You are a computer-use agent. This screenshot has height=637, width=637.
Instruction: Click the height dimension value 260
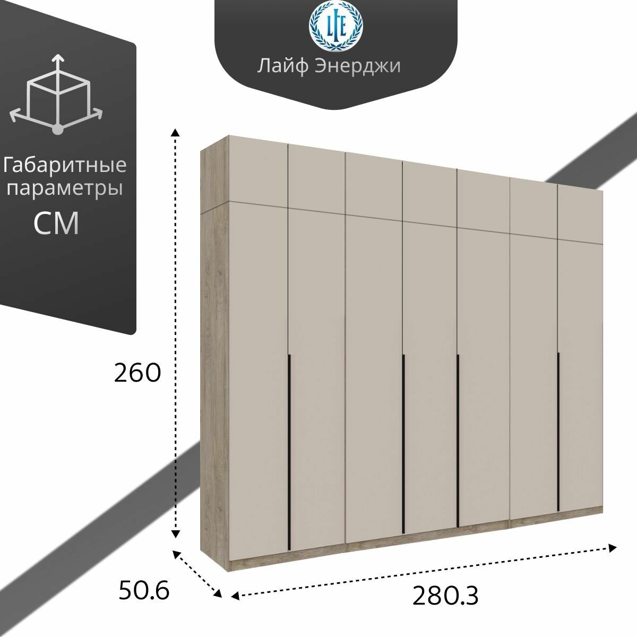(137, 374)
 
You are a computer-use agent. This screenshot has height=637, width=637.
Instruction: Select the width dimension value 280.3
(445, 596)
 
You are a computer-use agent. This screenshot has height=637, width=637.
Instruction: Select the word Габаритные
(66, 166)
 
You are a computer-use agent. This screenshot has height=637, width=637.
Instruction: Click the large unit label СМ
(56, 223)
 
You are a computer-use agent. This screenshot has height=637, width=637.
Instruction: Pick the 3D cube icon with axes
(57, 93)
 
